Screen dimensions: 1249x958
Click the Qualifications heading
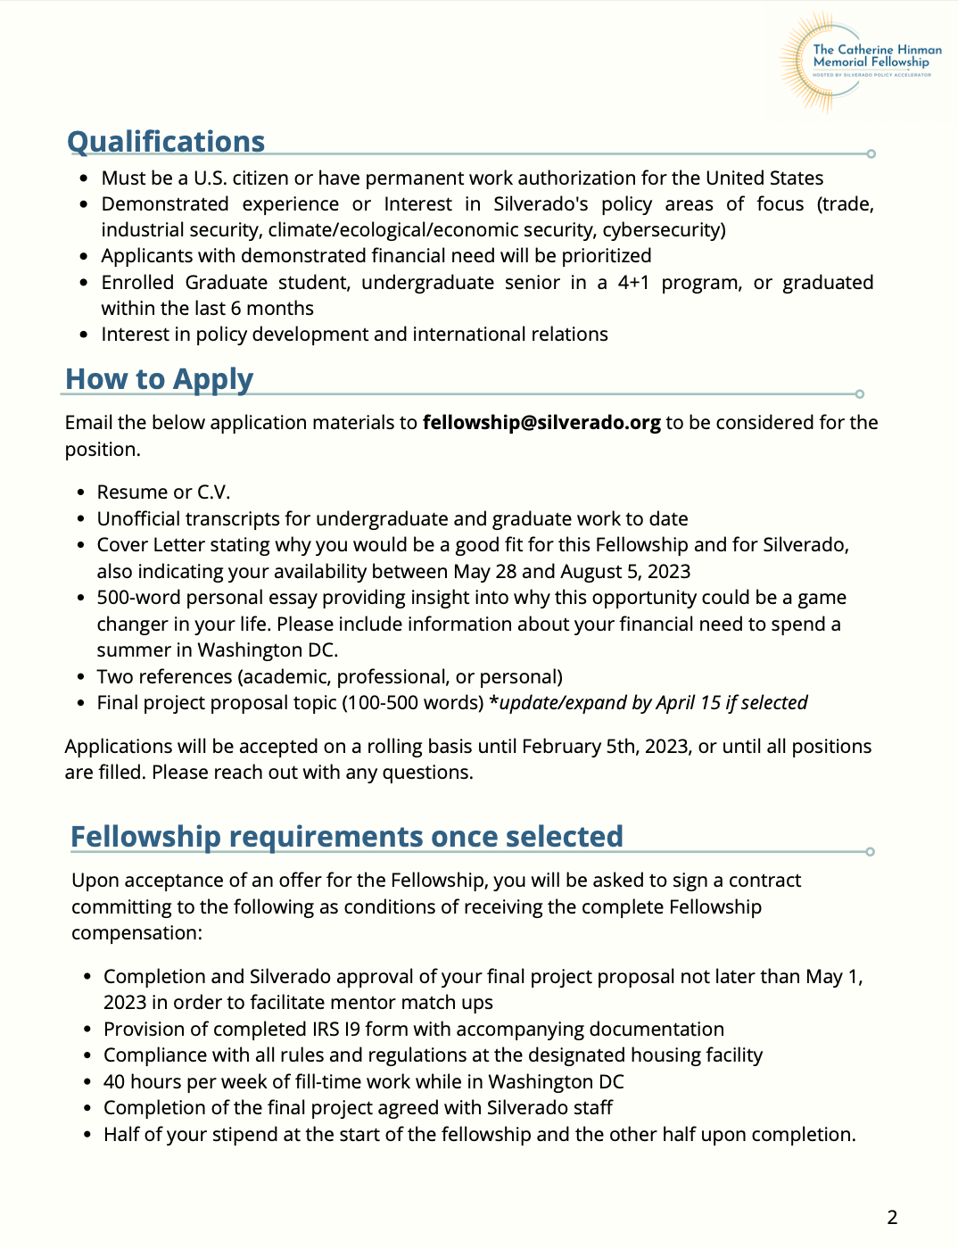[x=166, y=142]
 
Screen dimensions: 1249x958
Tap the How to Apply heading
[x=160, y=379]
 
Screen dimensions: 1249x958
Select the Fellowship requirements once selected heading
[x=346, y=837]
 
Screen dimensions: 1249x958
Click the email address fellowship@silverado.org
[x=541, y=423]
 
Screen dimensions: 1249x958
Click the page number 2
[x=892, y=1217]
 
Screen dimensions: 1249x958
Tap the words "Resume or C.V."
[x=163, y=492]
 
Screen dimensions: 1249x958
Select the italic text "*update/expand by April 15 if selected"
[x=648, y=703]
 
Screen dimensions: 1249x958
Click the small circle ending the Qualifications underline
[x=871, y=153]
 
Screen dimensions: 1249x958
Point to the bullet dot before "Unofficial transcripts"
[x=80, y=519]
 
